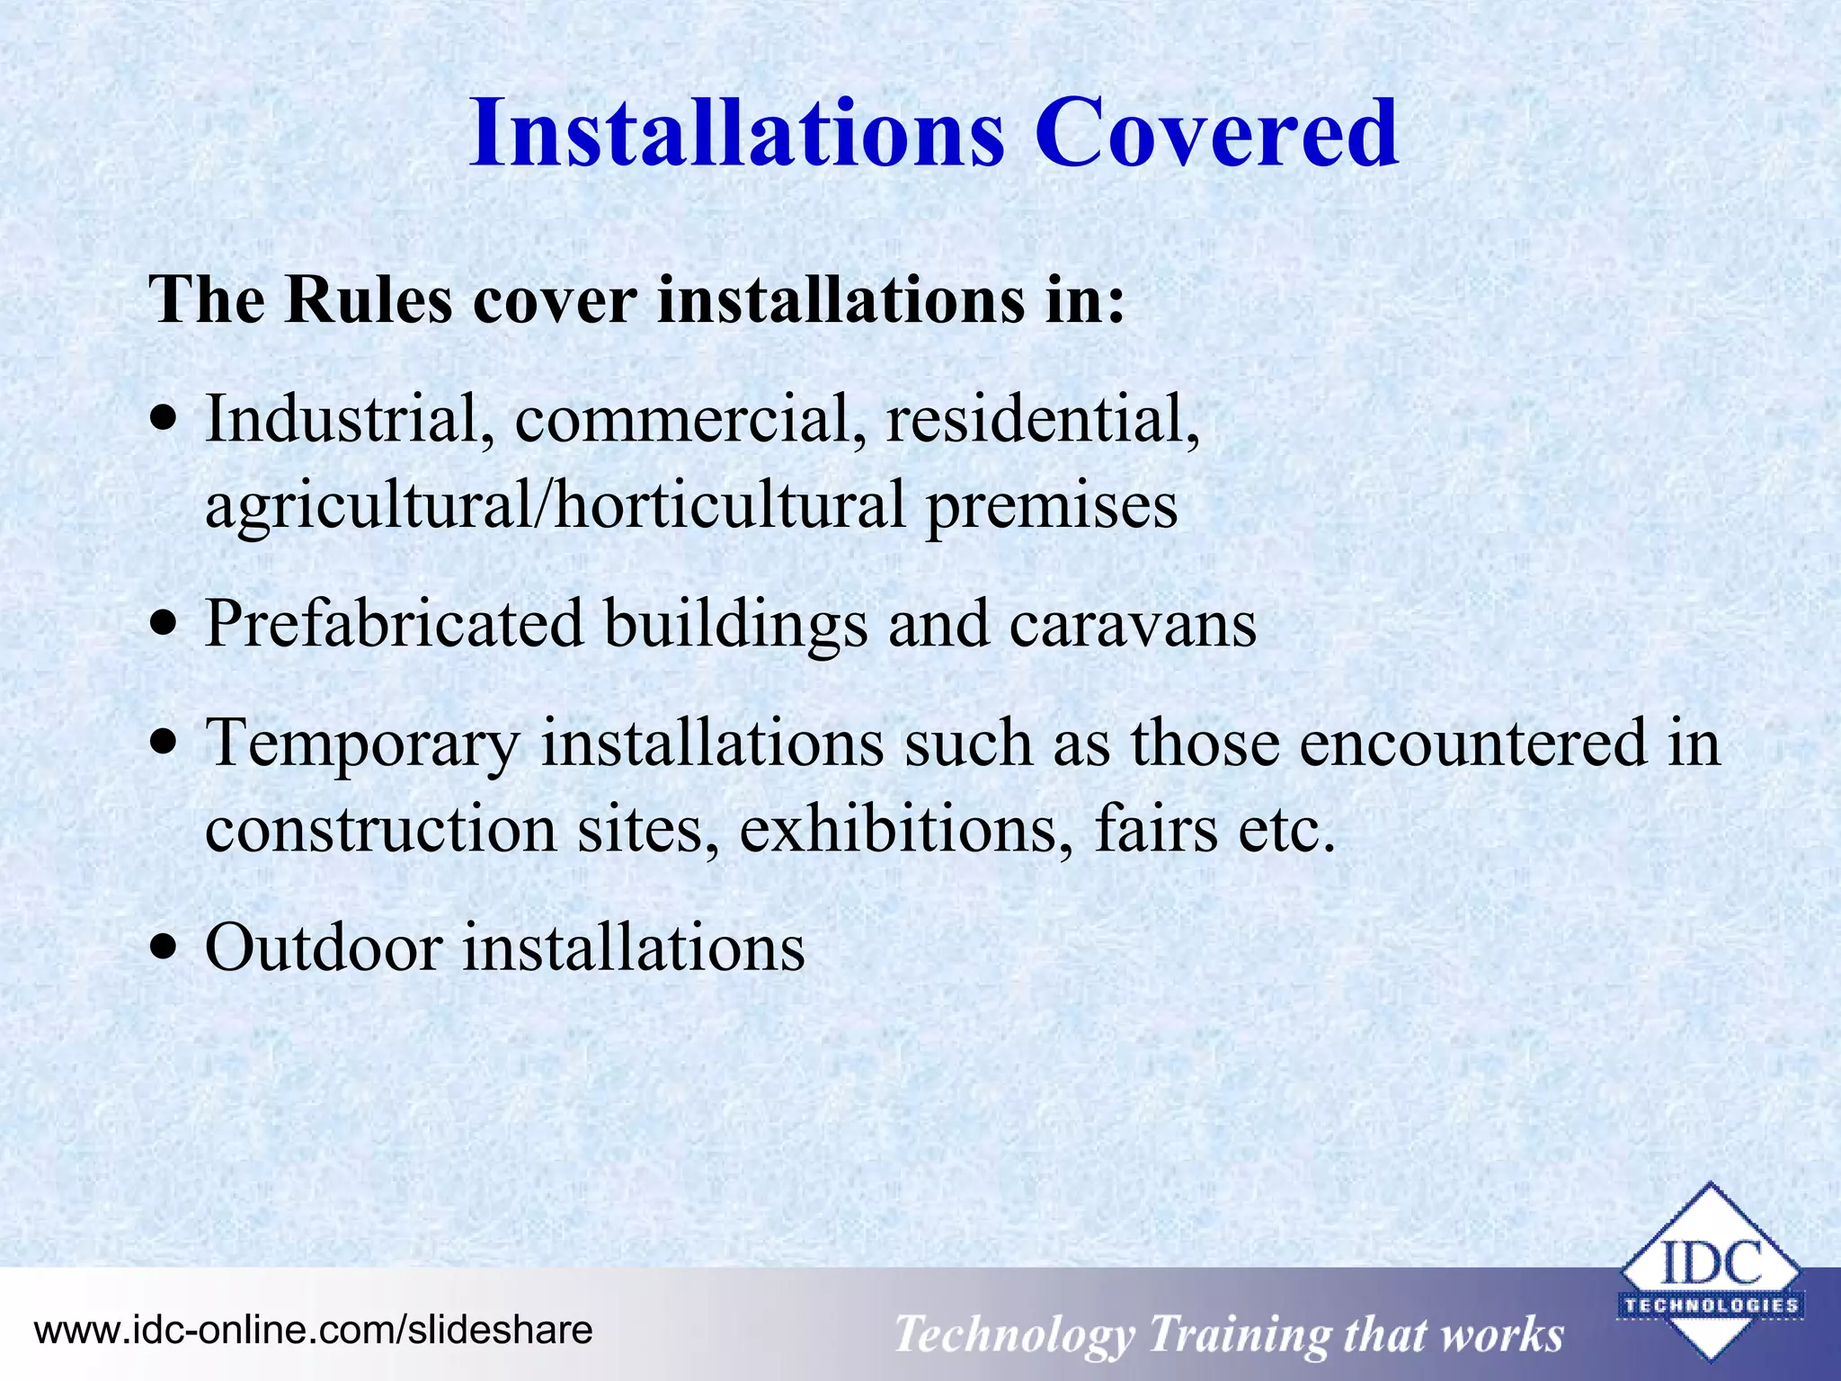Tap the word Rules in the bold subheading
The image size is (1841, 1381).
(x=369, y=298)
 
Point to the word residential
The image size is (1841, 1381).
(x=1043, y=419)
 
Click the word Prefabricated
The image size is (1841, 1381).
(x=394, y=623)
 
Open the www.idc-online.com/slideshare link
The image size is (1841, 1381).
(x=313, y=1330)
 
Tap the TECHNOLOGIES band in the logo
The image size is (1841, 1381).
(x=1710, y=1305)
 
